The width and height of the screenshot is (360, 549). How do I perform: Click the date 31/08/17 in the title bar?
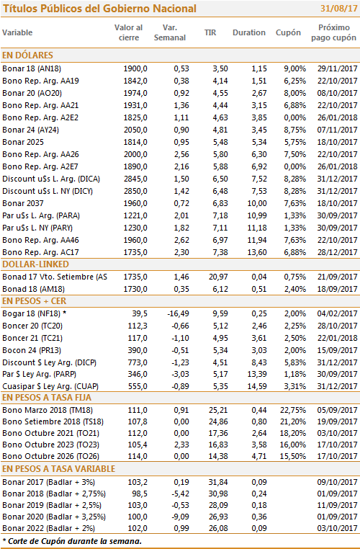(338, 9)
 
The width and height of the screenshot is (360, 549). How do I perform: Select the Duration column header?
(249, 32)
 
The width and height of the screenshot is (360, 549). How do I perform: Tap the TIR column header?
(210, 32)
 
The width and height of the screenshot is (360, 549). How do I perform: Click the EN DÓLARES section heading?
(27, 55)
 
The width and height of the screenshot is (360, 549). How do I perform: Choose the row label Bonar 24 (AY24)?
(30, 130)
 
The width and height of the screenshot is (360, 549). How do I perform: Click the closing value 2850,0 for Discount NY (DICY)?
(135, 191)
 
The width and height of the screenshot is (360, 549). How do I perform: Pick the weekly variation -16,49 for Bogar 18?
(178, 313)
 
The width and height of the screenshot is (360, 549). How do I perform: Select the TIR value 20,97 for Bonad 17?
(218, 277)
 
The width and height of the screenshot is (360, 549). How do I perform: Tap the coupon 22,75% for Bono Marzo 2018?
(293, 410)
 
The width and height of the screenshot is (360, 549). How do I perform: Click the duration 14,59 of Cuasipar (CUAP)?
(257, 387)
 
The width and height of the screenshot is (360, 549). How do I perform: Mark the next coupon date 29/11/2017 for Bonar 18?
(337, 68)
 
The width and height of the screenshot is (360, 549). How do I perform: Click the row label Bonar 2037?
(23, 203)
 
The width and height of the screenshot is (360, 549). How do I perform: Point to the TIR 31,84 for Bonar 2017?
(218, 482)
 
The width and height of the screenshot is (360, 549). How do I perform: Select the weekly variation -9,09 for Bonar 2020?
(180, 517)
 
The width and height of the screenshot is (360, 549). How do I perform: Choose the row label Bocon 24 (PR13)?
(32, 350)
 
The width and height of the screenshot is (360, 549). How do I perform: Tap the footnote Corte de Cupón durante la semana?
(74, 541)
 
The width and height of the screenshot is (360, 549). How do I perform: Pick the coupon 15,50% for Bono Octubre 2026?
(293, 456)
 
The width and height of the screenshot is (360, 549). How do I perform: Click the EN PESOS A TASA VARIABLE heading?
(58, 469)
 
